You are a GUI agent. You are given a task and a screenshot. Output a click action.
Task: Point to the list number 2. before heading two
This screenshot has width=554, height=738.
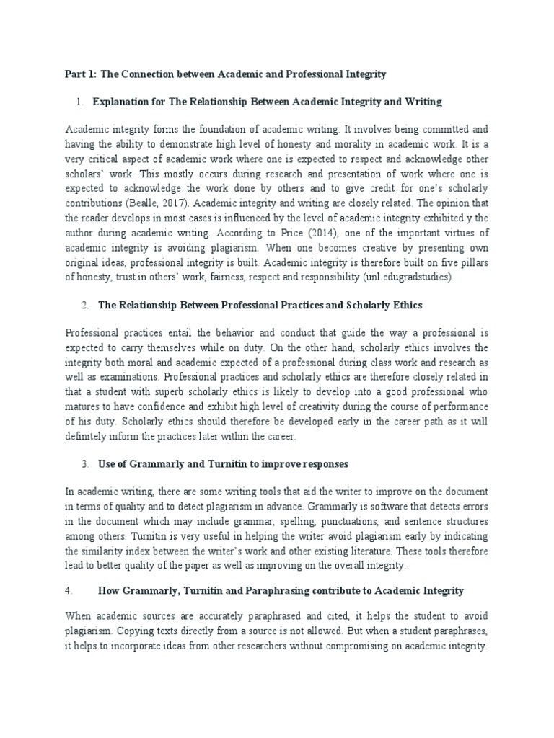pyautogui.click(x=84, y=306)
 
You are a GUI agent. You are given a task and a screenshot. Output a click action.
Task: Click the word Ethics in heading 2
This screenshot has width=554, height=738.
pyautogui.click(x=405, y=306)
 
